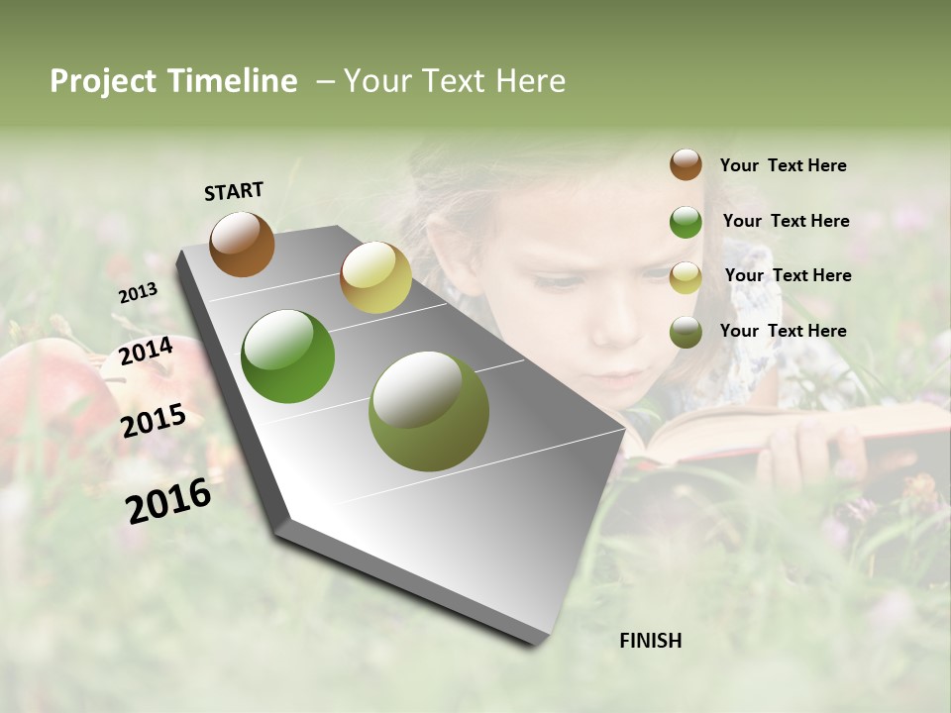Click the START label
(234, 191)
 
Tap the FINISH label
(650, 641)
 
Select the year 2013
(138, 293)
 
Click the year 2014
(147, 352)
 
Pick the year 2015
(154, 421)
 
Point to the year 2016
(168, 501)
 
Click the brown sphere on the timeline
(242, 244)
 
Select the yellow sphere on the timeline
(375, 277)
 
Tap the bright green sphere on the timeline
(288, 356)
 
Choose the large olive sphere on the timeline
(429, 411)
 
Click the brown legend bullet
(686, 165)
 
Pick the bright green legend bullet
(686, 222)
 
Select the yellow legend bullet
(686, 277)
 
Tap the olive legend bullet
(686, 332)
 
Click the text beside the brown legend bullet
(783, 165)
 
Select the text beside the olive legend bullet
(783, 331)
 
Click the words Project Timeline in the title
(173, 81)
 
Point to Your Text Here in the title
(454, 81)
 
